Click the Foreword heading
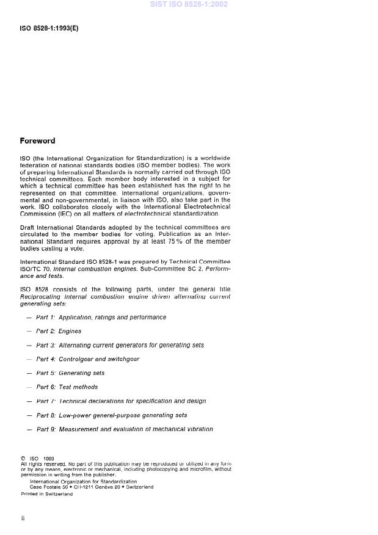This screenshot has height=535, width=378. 37,141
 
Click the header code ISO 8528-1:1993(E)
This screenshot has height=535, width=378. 49,29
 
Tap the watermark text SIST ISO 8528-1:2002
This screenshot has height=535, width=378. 189,4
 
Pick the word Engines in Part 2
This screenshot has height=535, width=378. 70,332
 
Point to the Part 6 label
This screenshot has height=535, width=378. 46,387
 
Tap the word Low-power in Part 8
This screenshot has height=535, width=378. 76,415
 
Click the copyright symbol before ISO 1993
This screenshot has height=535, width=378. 23,458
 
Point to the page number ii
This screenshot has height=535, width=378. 23,519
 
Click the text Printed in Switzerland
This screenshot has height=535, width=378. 46,494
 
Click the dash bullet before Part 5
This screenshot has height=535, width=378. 29,373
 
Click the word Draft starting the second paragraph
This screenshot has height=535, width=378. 29,227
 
